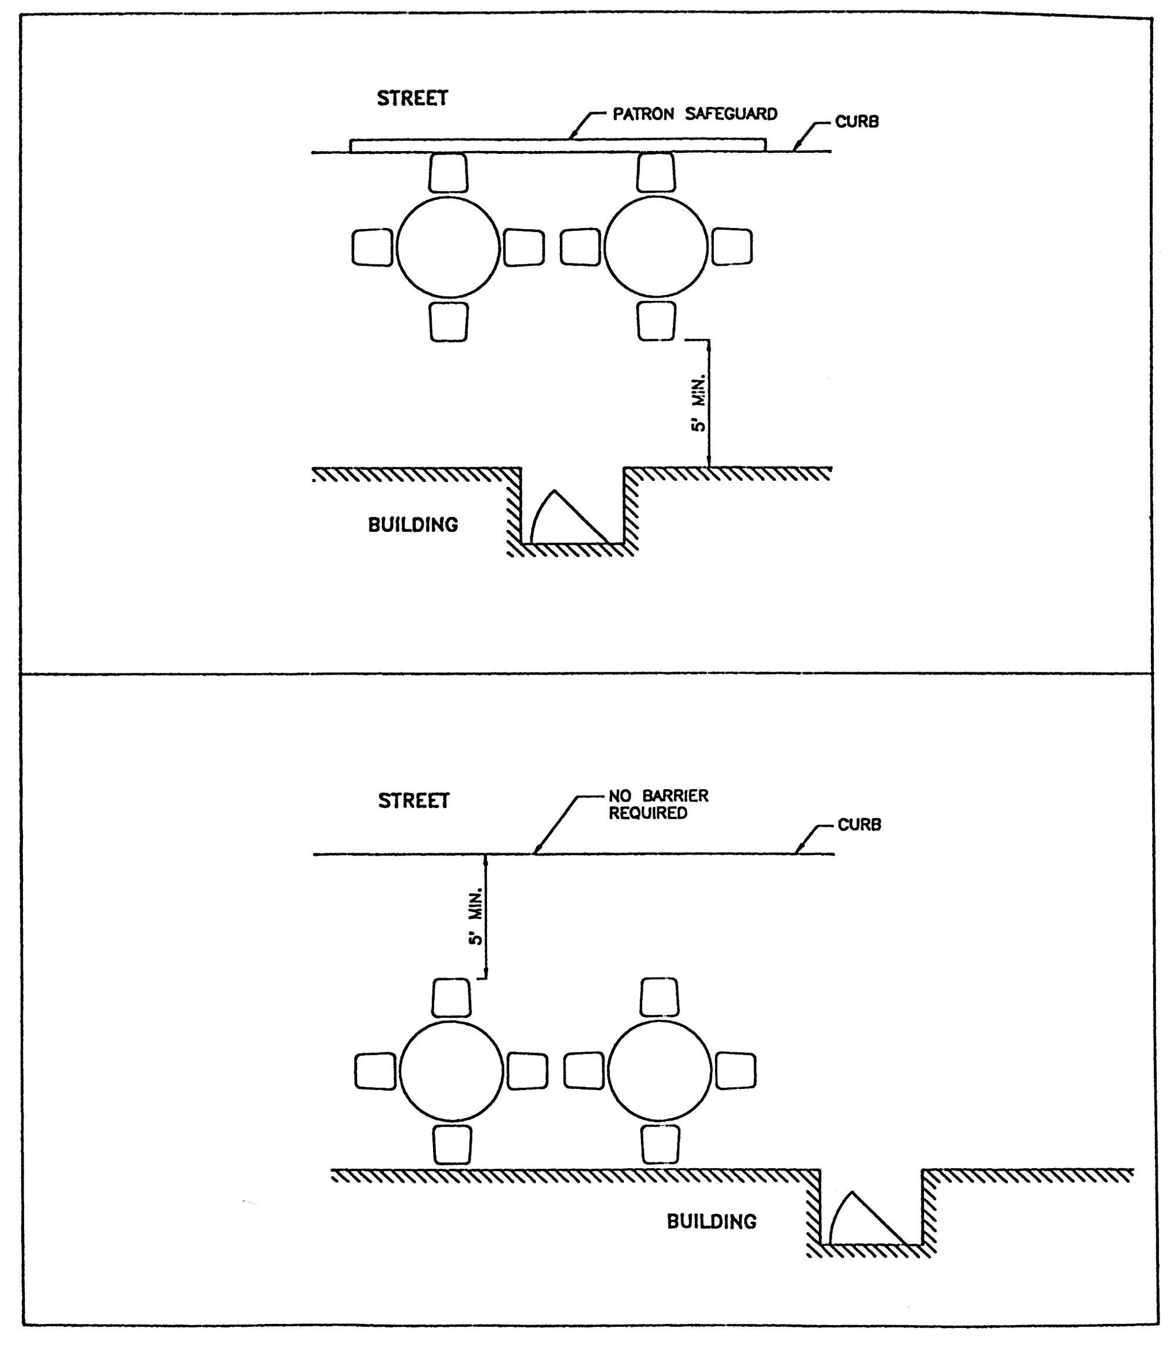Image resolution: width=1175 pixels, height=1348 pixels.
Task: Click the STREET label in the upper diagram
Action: (x=412, y=98)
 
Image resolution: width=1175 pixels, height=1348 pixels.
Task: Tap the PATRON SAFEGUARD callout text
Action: (x=694, y=114)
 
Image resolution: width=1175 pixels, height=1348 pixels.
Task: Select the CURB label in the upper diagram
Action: (x=857, y=122)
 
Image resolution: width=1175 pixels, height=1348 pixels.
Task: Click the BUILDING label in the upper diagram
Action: (x=413, y=525)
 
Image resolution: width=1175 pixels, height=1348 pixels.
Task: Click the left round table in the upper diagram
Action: (x=448, y=247)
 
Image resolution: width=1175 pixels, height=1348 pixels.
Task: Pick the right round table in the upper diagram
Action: (x=656, y=247)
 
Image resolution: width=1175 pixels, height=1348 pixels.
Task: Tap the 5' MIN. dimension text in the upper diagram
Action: (x=699, y=404)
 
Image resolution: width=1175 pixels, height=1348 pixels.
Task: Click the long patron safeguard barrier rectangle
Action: (x=558, y=146)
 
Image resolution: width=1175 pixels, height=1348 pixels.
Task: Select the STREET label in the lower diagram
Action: (x=414, y=801)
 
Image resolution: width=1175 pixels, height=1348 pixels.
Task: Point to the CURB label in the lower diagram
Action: (x=860, y=825)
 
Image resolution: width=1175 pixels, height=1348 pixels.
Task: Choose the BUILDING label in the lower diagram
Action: (x=711, y=1222)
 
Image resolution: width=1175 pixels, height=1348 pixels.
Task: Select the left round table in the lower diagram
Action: (x=451, y=1071)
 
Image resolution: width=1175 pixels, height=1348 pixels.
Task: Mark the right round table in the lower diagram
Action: (x=659, y=1071)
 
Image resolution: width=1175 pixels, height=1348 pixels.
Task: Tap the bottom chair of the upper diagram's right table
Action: (x=656, y=321)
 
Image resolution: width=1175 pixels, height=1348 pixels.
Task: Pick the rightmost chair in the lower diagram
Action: (x=735, y=1071)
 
